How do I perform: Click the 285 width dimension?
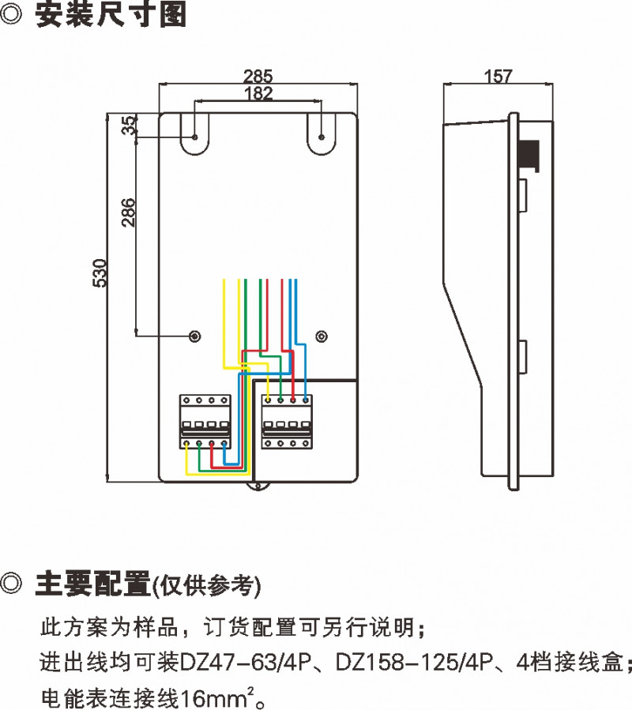point(258,77)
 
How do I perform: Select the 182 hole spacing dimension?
point(258,93)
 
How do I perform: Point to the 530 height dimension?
point(100,272)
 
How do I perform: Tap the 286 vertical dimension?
point(128,212)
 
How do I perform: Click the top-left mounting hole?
point(195,137)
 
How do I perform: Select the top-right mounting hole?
point(321,137)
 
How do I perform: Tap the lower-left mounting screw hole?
point(195,336)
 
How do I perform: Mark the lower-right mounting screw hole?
point(321,336)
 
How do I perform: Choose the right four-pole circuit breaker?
point(288,422)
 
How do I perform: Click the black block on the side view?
point(529,155)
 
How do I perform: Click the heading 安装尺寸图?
point(111,16)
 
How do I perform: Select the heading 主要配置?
point(92,584)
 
